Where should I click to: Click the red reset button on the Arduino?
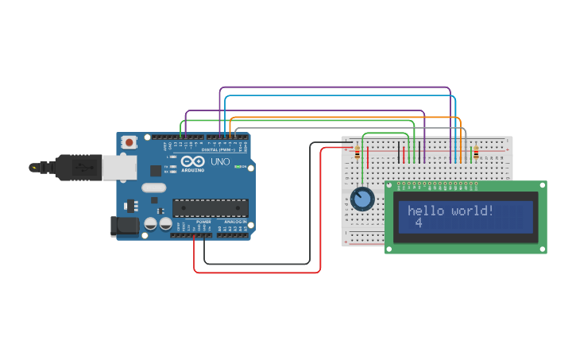(x=130, y=142)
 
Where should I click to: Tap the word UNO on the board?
(x=219, y=162)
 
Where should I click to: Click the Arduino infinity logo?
(x=192, y=161)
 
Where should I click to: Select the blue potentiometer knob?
(x=362, y=199)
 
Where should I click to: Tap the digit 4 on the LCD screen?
(x=418, y=223)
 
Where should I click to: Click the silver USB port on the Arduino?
(x=119, y=168)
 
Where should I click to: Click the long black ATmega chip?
(x=211, y=208)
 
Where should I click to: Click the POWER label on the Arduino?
(x=203, y=222)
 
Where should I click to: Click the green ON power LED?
(x=237, y=167)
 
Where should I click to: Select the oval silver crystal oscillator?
(x=154, y=188)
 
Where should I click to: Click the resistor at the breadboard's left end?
(x=357, y=153)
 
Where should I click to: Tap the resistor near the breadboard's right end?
(x=476, y=153)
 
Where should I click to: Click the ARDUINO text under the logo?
(x=193, y=169)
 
